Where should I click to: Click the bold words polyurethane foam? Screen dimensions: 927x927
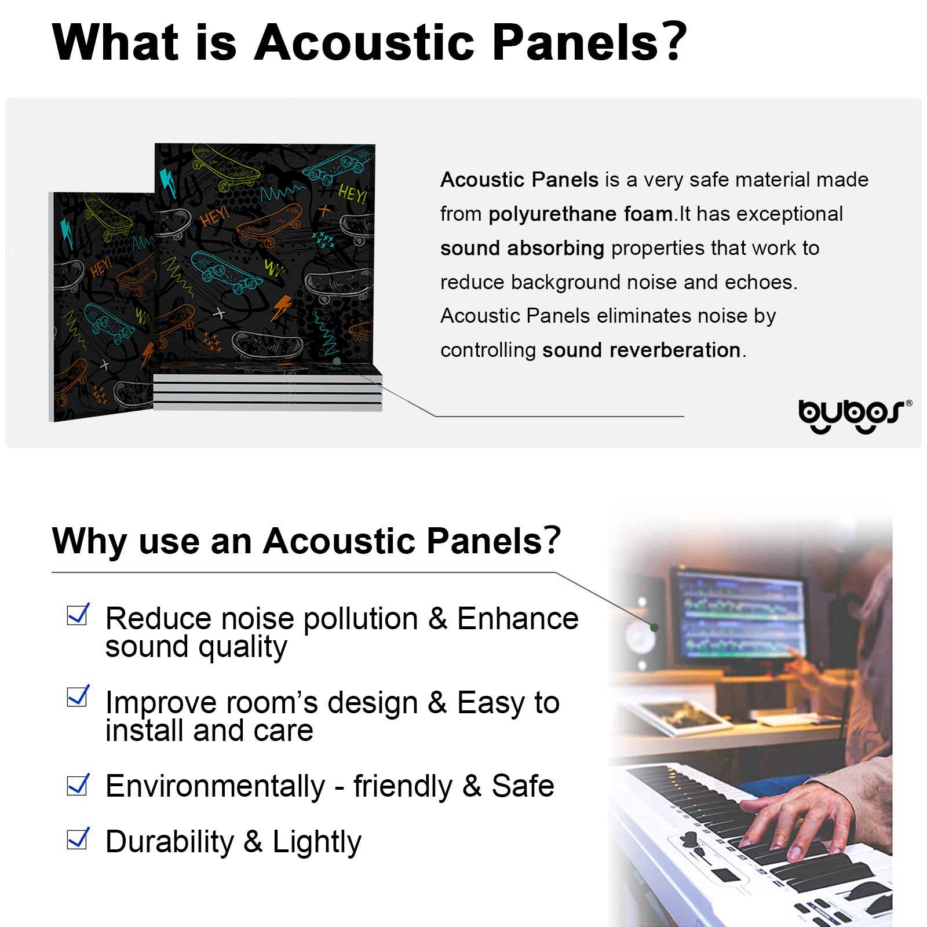click(581, 214)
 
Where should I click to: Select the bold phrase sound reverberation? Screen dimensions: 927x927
click(641, 350)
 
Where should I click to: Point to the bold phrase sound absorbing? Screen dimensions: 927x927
click(522, 248)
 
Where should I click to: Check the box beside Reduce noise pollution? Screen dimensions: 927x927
click(78, 614)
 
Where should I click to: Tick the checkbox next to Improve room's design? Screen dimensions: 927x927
click(78, 696)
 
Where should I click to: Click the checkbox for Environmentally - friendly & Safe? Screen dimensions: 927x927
click(78, 784)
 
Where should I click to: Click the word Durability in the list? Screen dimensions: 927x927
click(169, 842)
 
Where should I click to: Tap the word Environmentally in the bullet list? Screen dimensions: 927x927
click(215, 787)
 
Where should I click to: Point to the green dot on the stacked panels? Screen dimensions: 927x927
click(337, 361)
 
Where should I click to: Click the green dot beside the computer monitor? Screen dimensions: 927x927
click(655, 627)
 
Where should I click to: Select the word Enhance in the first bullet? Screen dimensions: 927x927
click(517, 619)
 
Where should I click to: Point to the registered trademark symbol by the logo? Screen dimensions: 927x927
click(908, 403)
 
